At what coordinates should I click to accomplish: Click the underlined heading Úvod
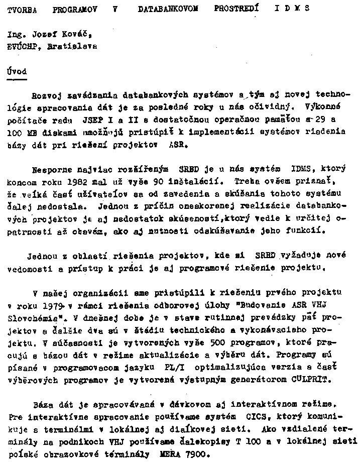pyautogui.click(x=17, y=71)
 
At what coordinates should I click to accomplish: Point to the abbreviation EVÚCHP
pyautogui.click(x=23, y=46)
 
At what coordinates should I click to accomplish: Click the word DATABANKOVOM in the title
pyautogui.click(x=168, y=9)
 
